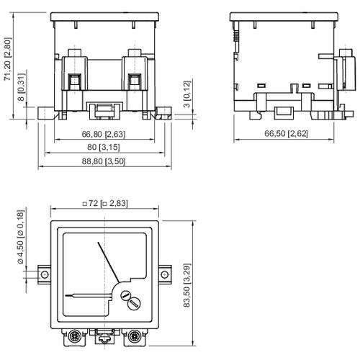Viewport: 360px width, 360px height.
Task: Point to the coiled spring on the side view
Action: pyautogui.click(x=235, y=40)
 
